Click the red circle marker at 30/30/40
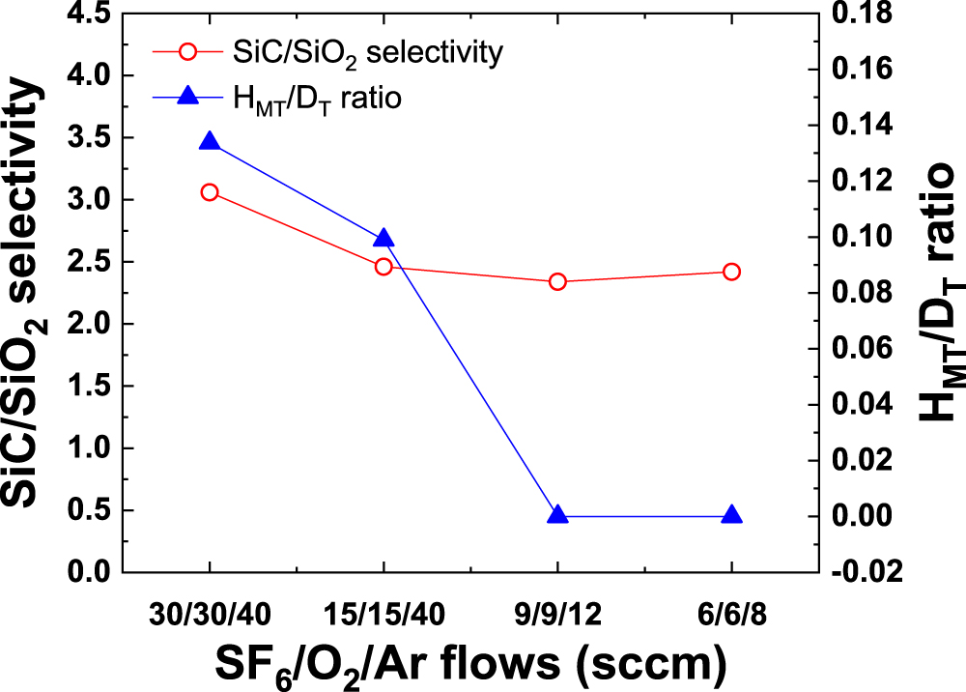[210, 192]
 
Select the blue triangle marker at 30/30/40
[210, 142]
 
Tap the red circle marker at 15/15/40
[384, 266]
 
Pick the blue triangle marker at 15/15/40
[384, 239]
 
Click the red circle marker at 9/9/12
[557, 282]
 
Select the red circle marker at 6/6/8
[731, 272]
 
